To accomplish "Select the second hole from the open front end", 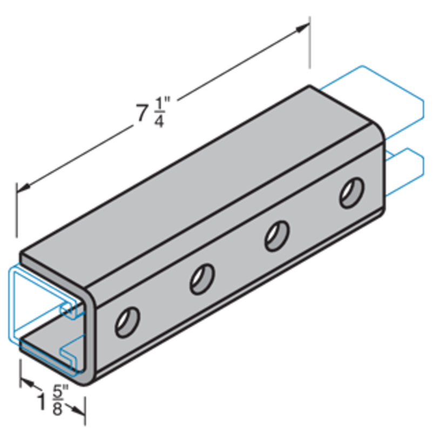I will pyautogui.click(x=202, y=279).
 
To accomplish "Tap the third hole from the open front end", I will pyautogui.click(x=276, y=236).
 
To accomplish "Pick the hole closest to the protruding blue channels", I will pyautogui.click(x=351, y=193).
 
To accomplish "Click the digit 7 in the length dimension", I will pyautogui.click(x=141, y=113).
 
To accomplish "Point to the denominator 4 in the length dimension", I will pyautogui.click(x=159, y=121).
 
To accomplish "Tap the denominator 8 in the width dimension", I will pyautogui.click(x=57, y=409).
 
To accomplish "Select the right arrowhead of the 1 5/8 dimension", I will pyautogui.click(x=82, y=413).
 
